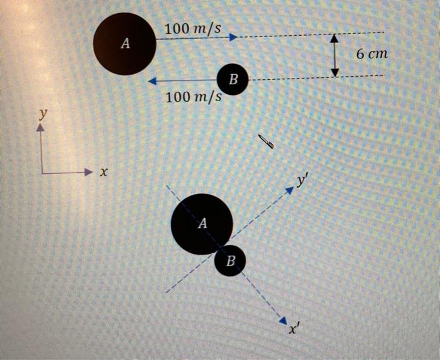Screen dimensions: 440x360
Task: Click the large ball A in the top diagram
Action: click(124, 44)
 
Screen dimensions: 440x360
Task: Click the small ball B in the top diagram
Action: click(233, 79)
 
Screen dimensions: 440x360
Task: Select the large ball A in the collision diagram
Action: click(202, 224)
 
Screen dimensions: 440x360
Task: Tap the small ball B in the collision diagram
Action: click(230, 261)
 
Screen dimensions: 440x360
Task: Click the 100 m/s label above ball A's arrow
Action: click(192, 29)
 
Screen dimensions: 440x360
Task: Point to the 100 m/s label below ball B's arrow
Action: click(194, 97)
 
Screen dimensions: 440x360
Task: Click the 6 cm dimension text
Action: click(372, 53)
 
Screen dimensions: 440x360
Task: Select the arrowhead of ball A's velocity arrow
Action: click(233, 37)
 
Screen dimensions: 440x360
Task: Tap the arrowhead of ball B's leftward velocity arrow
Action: click(152, 81)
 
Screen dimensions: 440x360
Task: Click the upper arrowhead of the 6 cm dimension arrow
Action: click(334, 38)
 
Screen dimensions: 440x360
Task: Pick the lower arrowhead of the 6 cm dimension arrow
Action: click(334, 72)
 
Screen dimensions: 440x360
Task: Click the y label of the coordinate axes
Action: click(43, 114)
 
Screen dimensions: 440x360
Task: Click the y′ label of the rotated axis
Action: click(301, 181)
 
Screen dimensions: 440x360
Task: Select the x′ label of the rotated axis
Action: click(293, 329)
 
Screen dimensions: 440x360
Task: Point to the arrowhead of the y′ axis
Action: click(290, 190)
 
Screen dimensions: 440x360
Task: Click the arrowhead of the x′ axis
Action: click(283, 320)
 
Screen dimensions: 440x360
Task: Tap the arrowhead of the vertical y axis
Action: click(41, 128)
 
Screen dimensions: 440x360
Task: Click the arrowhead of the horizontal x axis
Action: click(89, 172)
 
